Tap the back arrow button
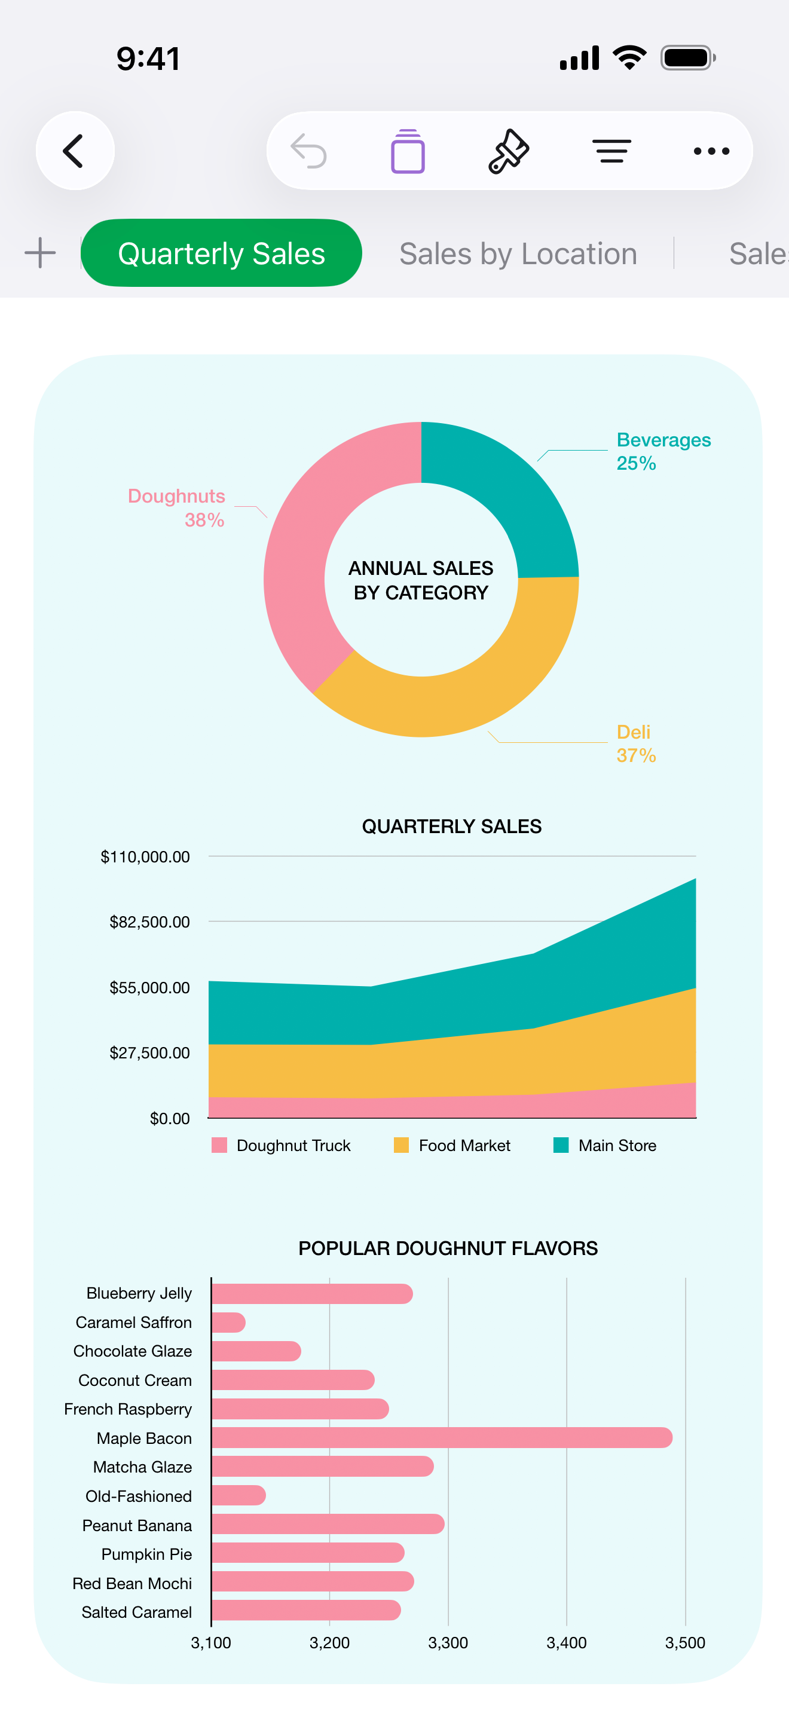[75, 151]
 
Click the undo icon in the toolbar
[308, 151]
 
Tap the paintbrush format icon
[509, 151]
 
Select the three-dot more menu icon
[711, 151]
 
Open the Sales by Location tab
[518, 253]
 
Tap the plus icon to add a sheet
[40, 253]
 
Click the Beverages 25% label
[663, 451]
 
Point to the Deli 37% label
[636, 743]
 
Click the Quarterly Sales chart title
[451, 827]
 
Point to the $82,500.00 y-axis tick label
[149, 922]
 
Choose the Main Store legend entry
[605, 1145]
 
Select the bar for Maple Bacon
[441, 1437]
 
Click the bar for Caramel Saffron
[228, 1322]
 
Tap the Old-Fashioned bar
[238, 1495]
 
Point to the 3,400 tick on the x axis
[566, 1642]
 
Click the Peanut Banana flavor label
[136, 1525]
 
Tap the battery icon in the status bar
[687, 58]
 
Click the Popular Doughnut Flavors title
[448, 1248]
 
